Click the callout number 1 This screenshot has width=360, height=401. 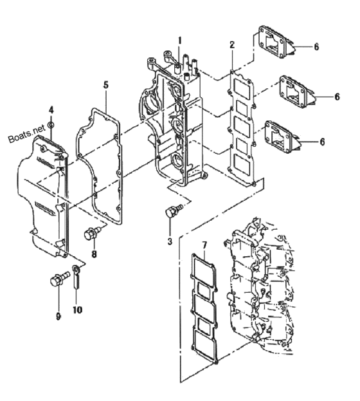pyautogui.click(x=180, y=41)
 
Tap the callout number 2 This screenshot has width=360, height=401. pyautogui.click(x=232, y=45)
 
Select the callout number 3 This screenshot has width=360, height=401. pyautogui.click(x=170, y=241)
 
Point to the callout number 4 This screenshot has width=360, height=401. pyautogui.click(x=51, y=110)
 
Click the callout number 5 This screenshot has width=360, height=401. pyautogui.click(x=106, y=85)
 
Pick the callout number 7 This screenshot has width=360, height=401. pyautogui.click(x=204, y=245)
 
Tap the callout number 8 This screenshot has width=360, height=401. pyautogui.click(x=94, y=254)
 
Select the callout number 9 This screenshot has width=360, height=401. pyautogui.click(x=59, y=316)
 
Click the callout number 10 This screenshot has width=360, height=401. pyautogui.click(x=77, y=310)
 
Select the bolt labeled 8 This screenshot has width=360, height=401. pyautogui.click(x=93, y=234)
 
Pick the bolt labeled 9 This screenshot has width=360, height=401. pyautogui.click(x=60, y=279)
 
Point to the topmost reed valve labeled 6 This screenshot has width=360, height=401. pyautogui.click(x=276, y=42)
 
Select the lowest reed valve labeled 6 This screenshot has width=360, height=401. pyautogui.click(x=283, y=137)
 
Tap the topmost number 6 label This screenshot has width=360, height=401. pyautogui.click(x=316, y=47)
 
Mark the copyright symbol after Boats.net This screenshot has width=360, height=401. pyautogui.click(x=51, y=124)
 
